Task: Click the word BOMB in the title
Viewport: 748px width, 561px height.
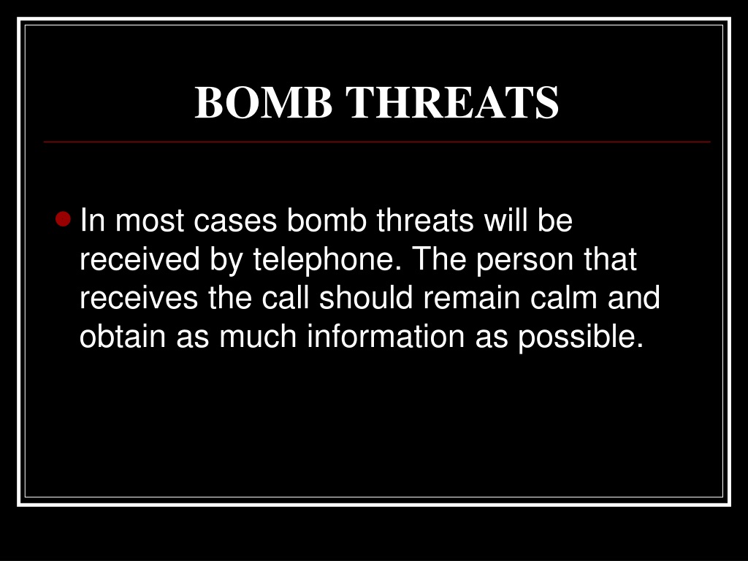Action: click(x=263, y=102)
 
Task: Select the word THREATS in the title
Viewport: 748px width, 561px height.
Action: click(x=451, y=102)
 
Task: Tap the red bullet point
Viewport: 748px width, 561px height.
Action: click(x=63, y=219)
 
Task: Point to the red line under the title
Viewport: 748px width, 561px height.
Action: click(x=377, y=142)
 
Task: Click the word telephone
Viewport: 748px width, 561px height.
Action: click(x=327, y=261)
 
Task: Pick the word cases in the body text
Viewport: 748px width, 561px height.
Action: click(x=235, y=221)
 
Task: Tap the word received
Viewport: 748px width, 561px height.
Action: click(x=140, y=259)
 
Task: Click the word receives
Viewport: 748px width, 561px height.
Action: click(x=138, y=298)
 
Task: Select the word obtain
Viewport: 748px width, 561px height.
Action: click(x=122, y=336)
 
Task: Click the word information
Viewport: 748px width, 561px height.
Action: click(x=386, y=336)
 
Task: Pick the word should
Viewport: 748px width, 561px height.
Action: click(x=366, y=297)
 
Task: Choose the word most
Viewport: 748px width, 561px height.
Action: click(x=150, y=221)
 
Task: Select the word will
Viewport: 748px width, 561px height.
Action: click(x=505, y=220)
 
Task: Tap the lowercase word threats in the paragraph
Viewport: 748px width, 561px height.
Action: click(x=425, y=220)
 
